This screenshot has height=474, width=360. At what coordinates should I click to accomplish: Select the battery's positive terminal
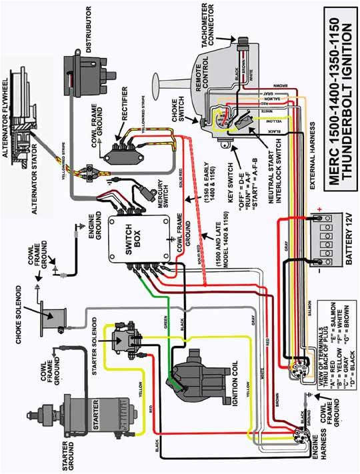click(321, 217)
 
